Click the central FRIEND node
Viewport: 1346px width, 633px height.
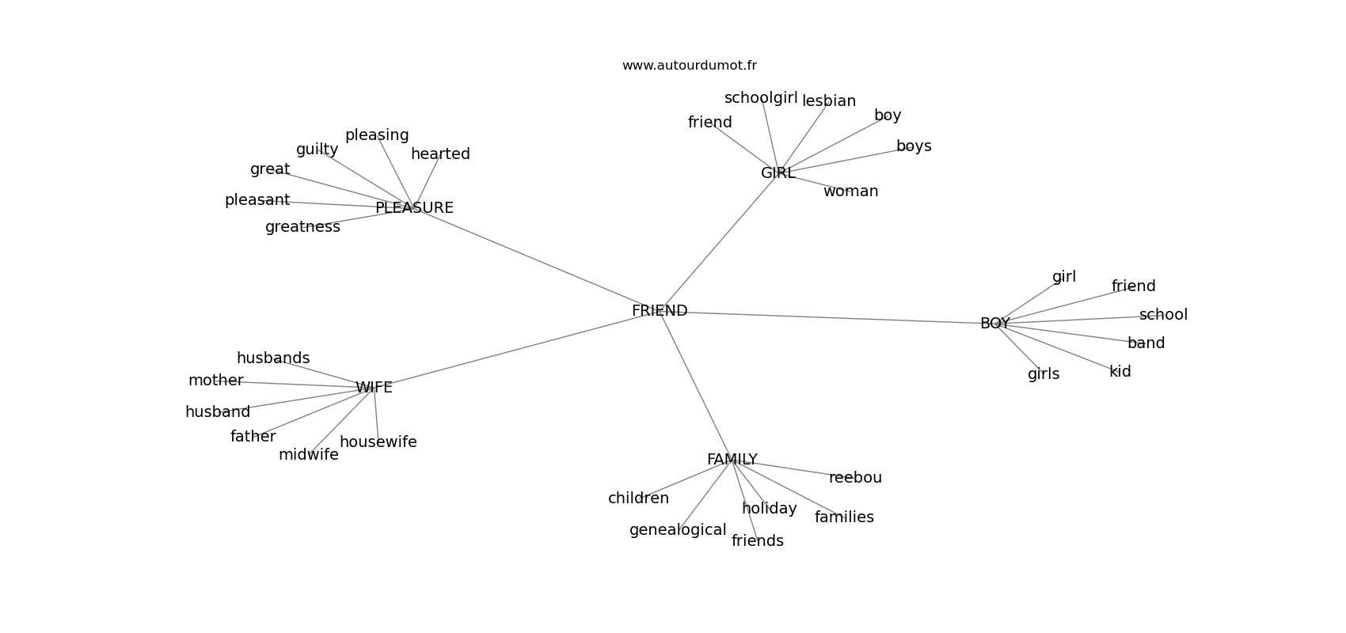[660, 311]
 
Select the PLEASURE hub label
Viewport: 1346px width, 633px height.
[414, 208]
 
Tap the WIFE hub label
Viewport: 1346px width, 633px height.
[374, 388]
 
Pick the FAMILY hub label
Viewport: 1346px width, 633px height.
[732, 460]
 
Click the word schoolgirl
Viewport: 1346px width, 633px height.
[761, 98]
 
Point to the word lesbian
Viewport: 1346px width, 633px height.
[829, 101]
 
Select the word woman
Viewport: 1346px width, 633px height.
[850, 191]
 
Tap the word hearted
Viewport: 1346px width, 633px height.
[440, 154]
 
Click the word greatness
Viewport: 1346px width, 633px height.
[302, 227]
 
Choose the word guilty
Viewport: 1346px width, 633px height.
[317, 150]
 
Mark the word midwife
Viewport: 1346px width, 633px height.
[308, 455]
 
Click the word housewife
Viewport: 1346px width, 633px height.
[378, 442]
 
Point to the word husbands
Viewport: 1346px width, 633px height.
[273, 358]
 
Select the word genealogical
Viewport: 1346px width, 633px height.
[678, 530]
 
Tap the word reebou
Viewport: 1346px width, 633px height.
[855, 478]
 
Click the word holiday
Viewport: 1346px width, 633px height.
[769, 509]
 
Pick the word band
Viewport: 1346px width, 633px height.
[1146, 343]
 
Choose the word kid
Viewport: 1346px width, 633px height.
[1120, 372]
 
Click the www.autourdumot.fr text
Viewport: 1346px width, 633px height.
[689, 66]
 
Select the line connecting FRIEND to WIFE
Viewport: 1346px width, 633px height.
[515, 350]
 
